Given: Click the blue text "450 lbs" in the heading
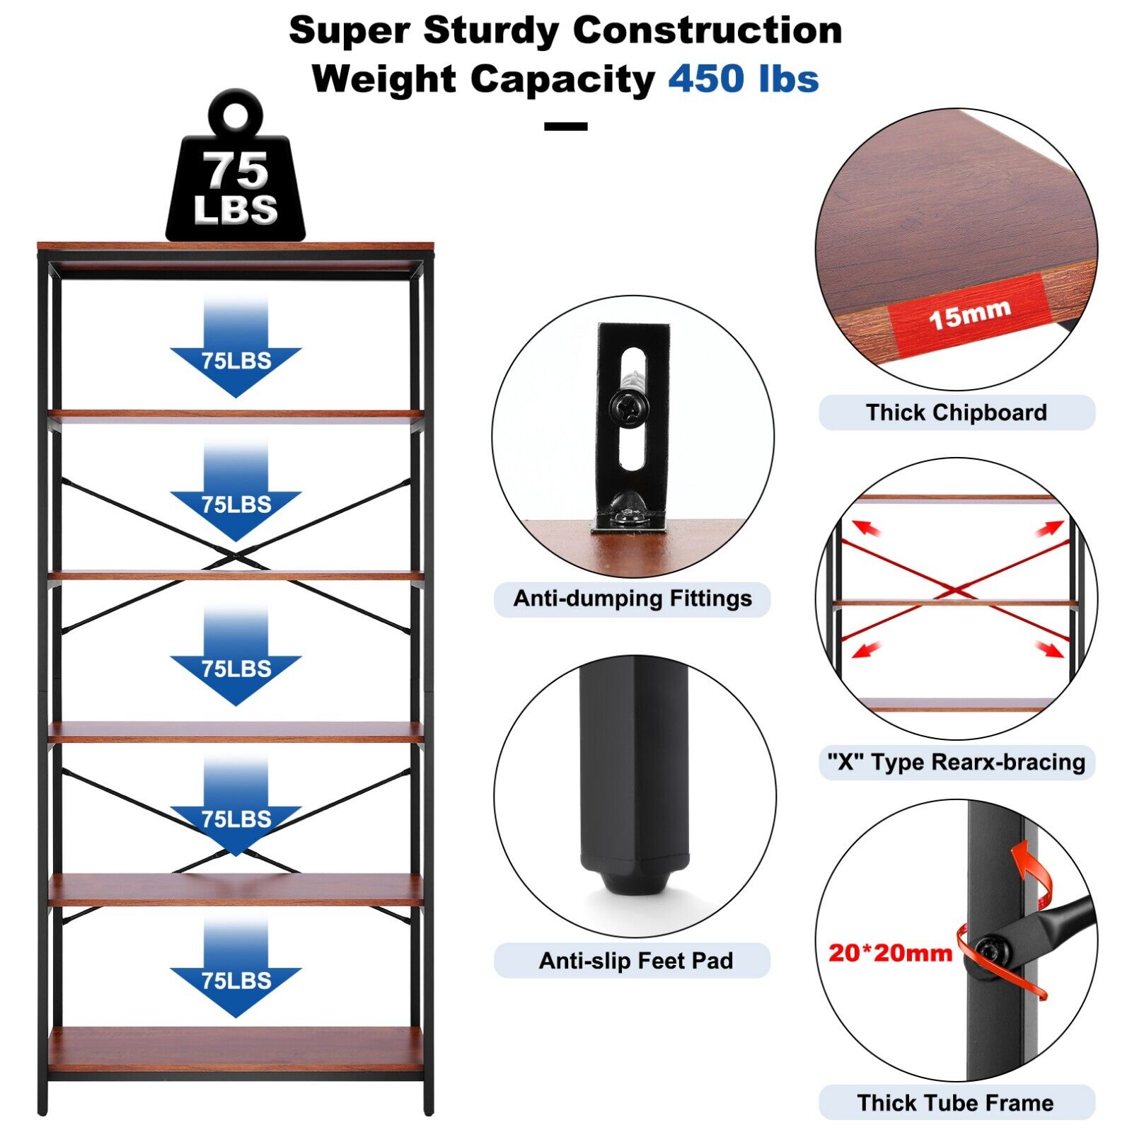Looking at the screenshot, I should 743,79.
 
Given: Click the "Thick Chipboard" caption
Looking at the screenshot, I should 956,412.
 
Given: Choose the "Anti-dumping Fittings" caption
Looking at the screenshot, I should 632,599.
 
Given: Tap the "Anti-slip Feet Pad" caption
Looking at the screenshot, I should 635,961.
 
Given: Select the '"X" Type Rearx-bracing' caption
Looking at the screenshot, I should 956,762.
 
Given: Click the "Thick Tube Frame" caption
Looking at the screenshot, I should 955,1103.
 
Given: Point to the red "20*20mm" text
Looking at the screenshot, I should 890,953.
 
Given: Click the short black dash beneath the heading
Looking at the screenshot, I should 565,127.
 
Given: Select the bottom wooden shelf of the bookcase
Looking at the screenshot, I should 236,1049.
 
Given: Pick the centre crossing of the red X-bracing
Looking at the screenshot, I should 955,591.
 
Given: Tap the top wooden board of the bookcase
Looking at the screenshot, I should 236,246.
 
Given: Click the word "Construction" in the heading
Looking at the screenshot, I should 707,31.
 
